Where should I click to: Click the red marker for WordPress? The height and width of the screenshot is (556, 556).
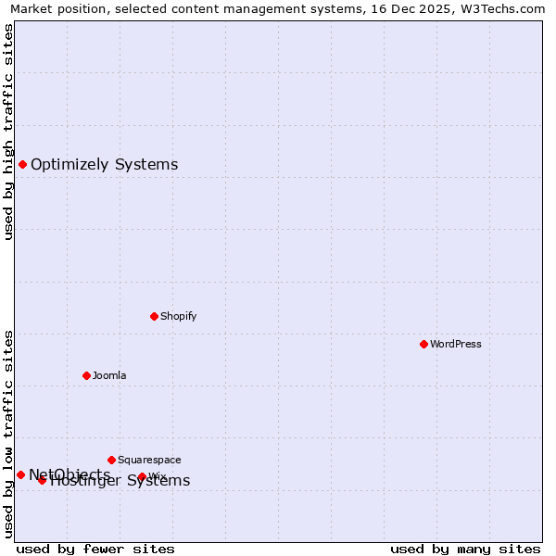pyautogui.click(x=423, y=344)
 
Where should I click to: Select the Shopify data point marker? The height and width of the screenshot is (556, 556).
pyautogui.click(x=154, y=316)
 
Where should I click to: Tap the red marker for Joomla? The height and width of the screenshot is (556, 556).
pyautogui.click(x=86, y=375)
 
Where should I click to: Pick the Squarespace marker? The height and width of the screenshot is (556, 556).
pyautogui.click(x=111, y=460)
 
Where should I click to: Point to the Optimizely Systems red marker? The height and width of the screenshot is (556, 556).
pyautogui.click(x=22, y=164)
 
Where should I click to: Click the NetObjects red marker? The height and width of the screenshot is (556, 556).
pyautogui.click(x=20, y=474)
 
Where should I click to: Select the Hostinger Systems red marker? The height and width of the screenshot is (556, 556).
pyautogui.click(x=42, y=480)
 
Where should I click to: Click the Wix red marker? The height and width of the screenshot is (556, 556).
pyautogui.click(x=142, y=476)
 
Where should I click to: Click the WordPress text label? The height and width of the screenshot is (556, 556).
pyautogui.click(x=456, y=344)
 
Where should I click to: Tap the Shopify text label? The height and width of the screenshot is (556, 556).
pyautogui.click(x=179, y=316)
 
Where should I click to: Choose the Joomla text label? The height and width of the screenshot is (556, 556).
pyautogui.click(x=109, y=375)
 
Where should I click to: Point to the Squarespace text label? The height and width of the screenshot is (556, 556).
pyautogui.click(x=149, y=460)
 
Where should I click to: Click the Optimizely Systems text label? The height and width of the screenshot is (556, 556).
pyautogui.click(x=105, y=165)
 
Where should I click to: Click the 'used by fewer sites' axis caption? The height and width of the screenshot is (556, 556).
pyautogui.click(x=95, y=549)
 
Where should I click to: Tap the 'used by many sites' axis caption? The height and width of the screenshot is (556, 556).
pyautogui.click(x=465, y=549)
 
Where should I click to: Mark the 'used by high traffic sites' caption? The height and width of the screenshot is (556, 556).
pyautogui.click(x=8, y=132)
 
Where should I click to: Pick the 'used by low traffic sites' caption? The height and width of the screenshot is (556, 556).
pyautogui.click(x=8, y=434)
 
